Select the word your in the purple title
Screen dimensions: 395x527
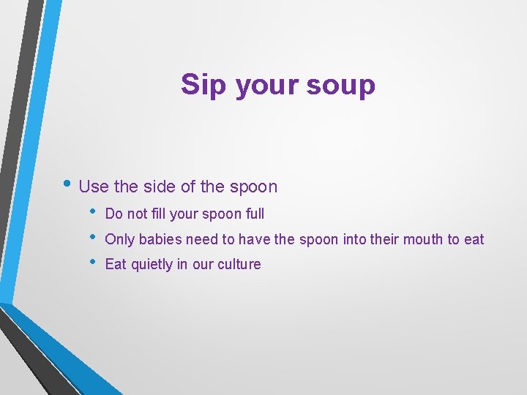click(x=267, y=85)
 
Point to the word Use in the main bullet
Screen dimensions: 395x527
click(x=94, y=187)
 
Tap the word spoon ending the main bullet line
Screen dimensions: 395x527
click(x=253, y=187)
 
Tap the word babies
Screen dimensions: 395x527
click(x=160, y=239)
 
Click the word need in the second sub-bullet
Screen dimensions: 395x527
click(x=199, y=239)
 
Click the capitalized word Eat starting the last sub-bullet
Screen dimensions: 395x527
click(x=116, y=264)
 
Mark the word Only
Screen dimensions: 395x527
click(x=120, y=239)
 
